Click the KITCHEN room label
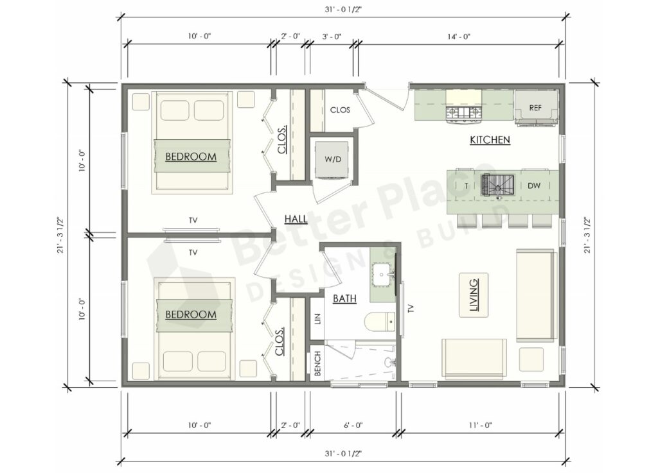click(x=490, y=139)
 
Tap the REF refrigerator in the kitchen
click(x=535, y=107)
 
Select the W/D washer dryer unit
click(x=332, y=159)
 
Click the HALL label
click(x=296, y=219)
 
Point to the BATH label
click(x=344, y=298)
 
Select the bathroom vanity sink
click(x=385, y=276)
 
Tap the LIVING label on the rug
click(x=474, y=294)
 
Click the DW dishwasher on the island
click(x=534, y=185)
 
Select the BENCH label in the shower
click(x=317, y=364)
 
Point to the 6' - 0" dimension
click(x=353, y=425)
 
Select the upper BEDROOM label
click(x=191, y=156)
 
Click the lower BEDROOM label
click(x=191, y=314)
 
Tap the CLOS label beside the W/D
click(x=340, y=110)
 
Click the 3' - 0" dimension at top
click(x=331, y=37)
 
